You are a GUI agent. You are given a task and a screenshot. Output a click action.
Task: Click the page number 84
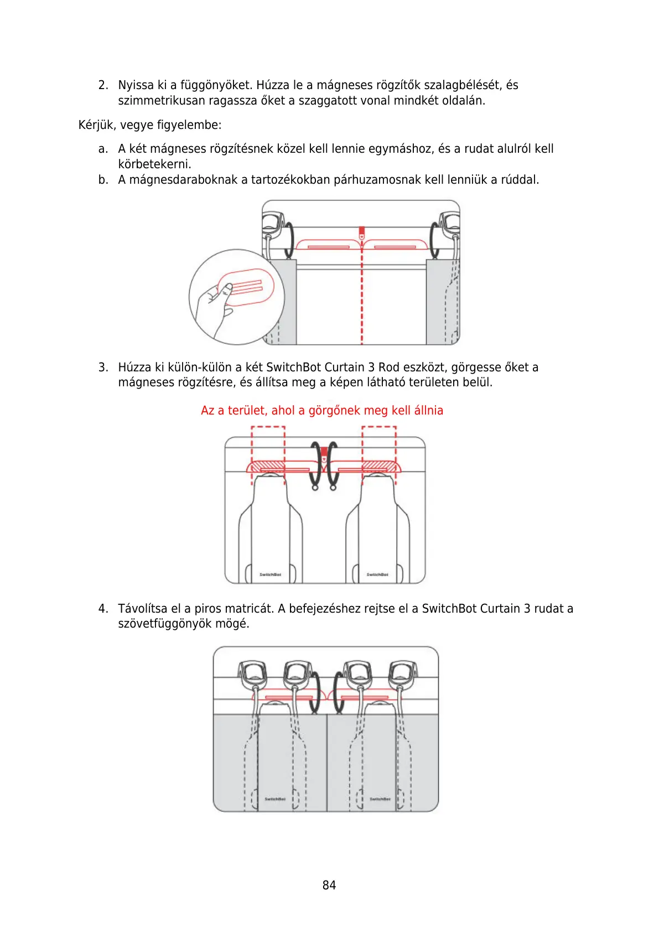[x=329, y=885]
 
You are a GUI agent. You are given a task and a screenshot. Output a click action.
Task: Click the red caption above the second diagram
[x=321, y=411]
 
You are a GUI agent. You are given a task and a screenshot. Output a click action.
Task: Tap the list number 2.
[x=103, y=85]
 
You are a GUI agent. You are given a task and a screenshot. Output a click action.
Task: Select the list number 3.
[x=103, y=367]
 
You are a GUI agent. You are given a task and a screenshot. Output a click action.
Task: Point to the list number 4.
[x=103, y=609]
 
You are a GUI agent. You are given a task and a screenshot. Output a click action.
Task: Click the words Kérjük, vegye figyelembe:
[x=150, y=125]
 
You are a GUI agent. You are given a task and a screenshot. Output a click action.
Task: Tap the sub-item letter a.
[x=102, y=149]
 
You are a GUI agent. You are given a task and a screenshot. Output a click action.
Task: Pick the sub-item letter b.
[x=102, y=180]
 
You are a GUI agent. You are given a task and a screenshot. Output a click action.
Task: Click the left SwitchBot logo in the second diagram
[x=271, y=574]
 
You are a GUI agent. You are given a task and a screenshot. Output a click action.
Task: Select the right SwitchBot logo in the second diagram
[x=377, y=574]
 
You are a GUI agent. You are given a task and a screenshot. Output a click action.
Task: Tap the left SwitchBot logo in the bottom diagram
[x=275, y=799]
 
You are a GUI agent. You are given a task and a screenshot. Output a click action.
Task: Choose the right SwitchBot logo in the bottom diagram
[x=380, y=799]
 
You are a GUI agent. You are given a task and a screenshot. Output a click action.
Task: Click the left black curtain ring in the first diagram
[x=289, y=240]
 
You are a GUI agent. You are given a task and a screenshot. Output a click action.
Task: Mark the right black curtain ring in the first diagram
[x=435, y=240]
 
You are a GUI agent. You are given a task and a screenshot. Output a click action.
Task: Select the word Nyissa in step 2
[x=136, y=85]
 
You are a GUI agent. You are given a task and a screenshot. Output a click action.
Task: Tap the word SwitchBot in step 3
[x=293, y=367]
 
